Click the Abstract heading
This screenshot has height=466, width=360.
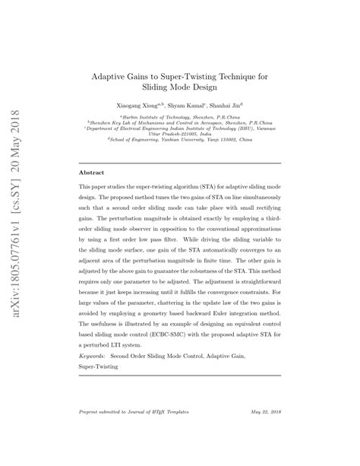pyautogui.click(x=93, y=173)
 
